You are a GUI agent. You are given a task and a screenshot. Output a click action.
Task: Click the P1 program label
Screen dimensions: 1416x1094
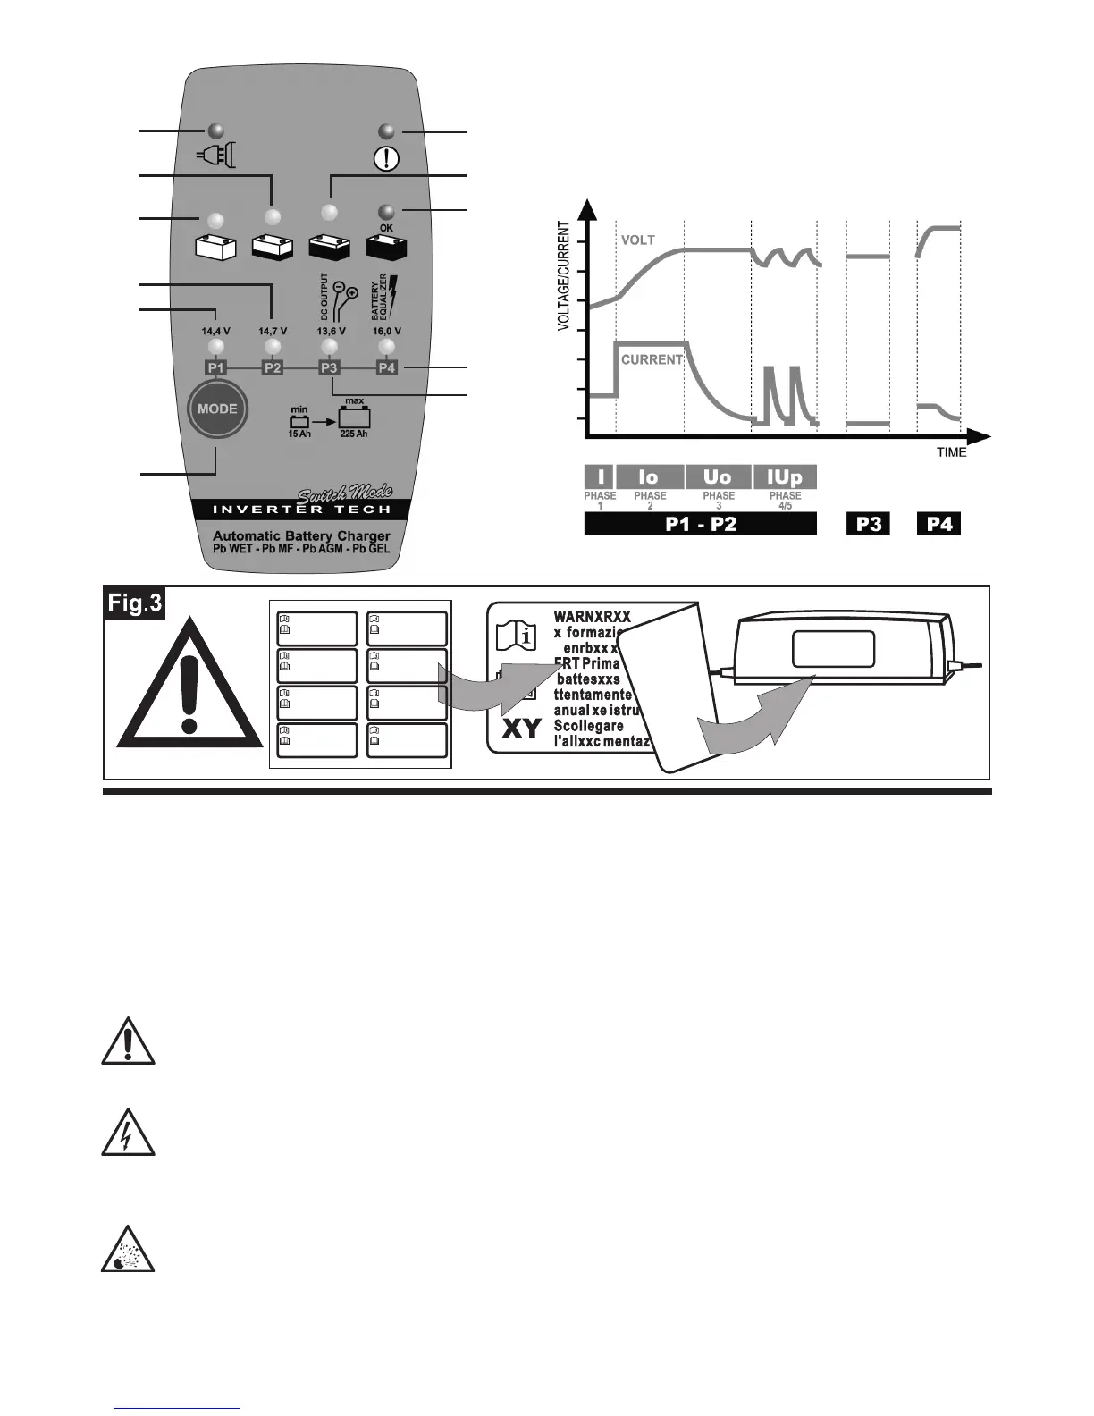pyautogui.click(x=215, y=367)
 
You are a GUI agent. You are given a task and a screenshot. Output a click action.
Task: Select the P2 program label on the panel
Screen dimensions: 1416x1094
pyautogui.click(x=273, y=367)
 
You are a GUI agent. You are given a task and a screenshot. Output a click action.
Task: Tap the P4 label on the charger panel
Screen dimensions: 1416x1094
pyautogui.click(x=386, y=367)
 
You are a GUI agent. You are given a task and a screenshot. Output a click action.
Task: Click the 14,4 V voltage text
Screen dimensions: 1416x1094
pyautogui.click(x=215, y=331)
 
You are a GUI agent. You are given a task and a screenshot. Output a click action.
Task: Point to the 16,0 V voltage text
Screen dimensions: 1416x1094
pyautogui.click(x=386, y=331)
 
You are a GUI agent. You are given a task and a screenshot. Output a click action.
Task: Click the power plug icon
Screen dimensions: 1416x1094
pyautogui.click(x=215, y=157)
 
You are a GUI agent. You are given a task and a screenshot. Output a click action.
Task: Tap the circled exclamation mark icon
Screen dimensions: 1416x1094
pyautogui.click(x=387, y=158)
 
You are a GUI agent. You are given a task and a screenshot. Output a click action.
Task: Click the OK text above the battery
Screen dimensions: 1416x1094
pyautogui.click(x=386, y=228)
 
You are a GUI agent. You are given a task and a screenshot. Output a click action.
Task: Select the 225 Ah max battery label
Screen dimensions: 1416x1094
pyautogui.click(x=354, y=434)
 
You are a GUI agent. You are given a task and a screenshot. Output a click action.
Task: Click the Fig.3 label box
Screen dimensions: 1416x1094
pyautogui.click(x=135, y=603)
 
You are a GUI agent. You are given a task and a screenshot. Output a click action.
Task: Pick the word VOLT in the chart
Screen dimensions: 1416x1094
pyautogui.click(x=638, y=240)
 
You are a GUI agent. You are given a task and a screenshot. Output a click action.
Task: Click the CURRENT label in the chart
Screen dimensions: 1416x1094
pyautogui.click(x=652, y=359)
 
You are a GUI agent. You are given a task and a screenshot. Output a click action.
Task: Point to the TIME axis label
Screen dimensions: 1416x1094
pyautogui.click(x=951, y=452)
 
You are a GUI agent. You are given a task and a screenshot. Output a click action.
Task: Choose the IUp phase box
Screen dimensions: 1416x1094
pyautogui.click(x=785, y=477)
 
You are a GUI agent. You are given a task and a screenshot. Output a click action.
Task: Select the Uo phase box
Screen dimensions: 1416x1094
pyautogui.click(x=718, y=477)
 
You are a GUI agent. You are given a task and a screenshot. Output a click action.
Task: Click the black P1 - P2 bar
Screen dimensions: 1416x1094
pyautogui.click(x=701, y=524)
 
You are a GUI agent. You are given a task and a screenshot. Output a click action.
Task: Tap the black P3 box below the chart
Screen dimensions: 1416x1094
pyautogui.click(x=868, y=524)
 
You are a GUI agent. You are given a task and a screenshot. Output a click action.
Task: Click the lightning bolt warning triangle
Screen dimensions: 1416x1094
pyautogui.click(x=128, y=1133)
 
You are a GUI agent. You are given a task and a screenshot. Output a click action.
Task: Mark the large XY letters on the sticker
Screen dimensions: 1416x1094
pyautogui.click(x=521, y=729)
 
